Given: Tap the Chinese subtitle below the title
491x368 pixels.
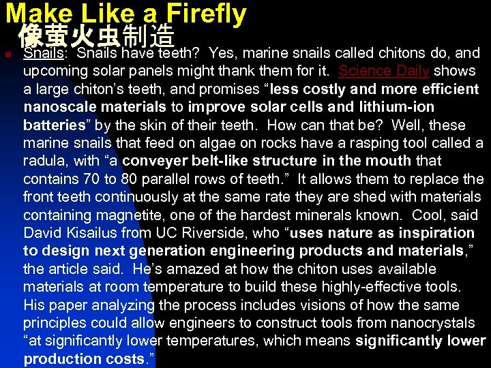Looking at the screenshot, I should click(97, 36).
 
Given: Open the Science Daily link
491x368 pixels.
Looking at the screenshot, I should click(383, 71).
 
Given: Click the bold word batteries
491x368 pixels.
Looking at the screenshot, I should click(53, 125).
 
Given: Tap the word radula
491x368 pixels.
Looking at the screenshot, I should click(44, 161).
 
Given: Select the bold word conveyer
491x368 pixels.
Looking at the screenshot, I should click(153, 161).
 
